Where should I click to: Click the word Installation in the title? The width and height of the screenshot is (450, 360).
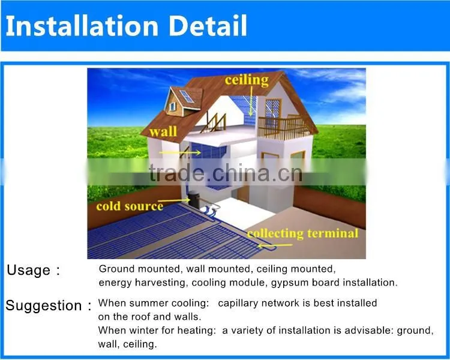[82, 26]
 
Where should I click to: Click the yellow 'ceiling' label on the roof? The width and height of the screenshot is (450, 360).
[247, 80]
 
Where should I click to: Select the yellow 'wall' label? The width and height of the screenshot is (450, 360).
[163, 131]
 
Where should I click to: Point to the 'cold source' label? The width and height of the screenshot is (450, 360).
[130, 206]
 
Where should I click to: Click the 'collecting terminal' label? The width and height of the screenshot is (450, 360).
[303, 233]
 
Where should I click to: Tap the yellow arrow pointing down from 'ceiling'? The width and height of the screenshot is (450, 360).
[251, 101]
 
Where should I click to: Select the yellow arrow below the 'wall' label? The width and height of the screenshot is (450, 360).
[180, 152]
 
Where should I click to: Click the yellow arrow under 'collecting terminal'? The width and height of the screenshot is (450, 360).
[275, 245]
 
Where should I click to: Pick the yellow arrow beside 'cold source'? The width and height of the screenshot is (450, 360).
[174, 200]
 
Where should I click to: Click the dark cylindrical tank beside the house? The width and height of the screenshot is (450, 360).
[194, 199]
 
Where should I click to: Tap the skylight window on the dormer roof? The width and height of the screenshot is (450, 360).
[187, 97]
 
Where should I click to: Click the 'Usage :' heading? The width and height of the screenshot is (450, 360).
[33, 270]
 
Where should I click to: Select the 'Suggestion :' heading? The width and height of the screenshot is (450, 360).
[49, 305]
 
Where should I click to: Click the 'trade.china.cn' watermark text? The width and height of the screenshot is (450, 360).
[226, 173]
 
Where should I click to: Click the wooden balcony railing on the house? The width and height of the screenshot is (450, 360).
[283, 128]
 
